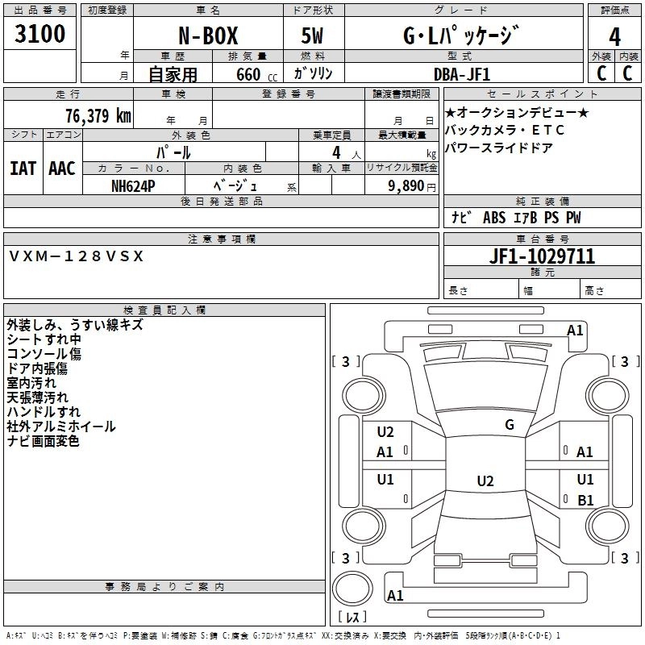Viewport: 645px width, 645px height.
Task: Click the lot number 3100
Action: [x=40, y=35]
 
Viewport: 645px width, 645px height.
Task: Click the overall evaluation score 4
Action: [x=614, y=35]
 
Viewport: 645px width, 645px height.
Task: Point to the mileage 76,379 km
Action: [x=98, y=115]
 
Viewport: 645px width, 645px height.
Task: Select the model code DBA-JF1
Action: [x=460, y=74]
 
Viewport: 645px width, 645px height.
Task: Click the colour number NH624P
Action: [x=133, y=185]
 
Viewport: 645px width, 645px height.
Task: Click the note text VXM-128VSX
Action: [x=77, y=256]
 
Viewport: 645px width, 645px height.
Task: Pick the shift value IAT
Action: [x=23, y=168]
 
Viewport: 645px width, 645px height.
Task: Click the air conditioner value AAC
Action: [x=62, y=168]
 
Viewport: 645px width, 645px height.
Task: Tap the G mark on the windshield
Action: [x=510, y=425]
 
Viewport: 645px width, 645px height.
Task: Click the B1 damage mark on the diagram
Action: [x=585, y=500]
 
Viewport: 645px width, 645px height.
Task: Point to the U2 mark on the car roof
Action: [x=485, y=481]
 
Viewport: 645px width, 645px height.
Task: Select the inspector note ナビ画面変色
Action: [x=43, y=441]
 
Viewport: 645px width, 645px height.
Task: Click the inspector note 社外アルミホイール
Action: [x=60, y=427]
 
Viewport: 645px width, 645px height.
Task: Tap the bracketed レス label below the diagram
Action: [x=352, y=617]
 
